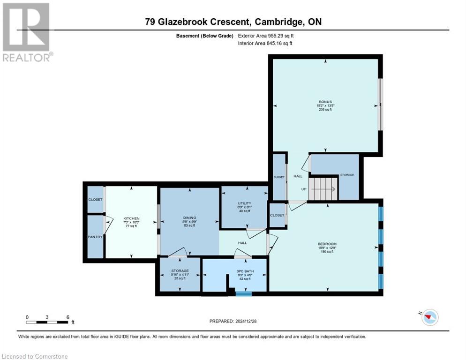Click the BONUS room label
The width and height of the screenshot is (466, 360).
coord(325,102)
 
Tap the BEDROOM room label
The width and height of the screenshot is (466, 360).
coord(327,244)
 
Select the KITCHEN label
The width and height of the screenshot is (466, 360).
coord(131,218)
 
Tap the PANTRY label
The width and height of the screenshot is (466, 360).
coord(95,237)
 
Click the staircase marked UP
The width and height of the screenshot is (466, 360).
coord(323,189)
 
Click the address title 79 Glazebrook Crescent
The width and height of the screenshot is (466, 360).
coord(233,22)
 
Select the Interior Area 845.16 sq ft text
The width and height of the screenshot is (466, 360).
coord(265,44)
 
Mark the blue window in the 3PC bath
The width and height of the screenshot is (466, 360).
coord(243,294)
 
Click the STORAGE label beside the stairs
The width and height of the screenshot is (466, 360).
coord(347,175)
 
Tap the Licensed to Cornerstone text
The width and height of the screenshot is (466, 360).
coord(35,356)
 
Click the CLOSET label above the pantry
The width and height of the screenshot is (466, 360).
coord(95,200)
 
